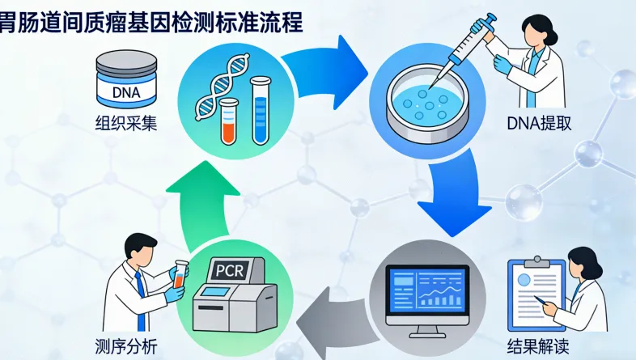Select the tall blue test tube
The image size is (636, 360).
pyautogui.click(x=261, y=112)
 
